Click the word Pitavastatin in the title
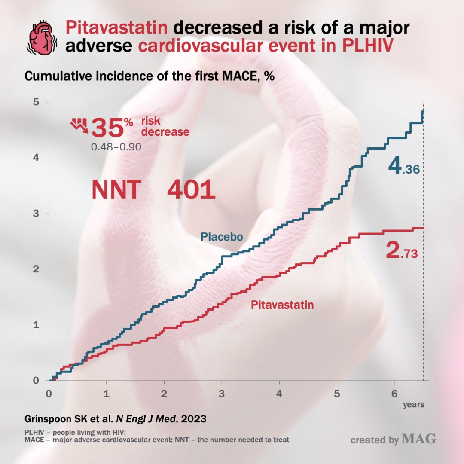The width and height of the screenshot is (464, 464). click(116, 29)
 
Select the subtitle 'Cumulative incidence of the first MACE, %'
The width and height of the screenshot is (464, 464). click(150, 76)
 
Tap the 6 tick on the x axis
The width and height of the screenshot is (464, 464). click(394, 393)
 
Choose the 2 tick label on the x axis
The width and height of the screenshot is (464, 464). click(164, 393)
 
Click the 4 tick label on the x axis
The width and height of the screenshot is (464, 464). click(279, 393)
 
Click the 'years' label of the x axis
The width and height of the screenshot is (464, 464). click(413, 404)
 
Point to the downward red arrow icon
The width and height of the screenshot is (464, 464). click(79, 125)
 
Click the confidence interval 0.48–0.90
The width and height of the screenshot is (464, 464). click(116, 147)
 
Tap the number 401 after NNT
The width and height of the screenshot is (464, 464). click(191, 189)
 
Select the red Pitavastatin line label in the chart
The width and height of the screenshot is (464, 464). click(282, 305)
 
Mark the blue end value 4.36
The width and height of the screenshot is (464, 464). click(403, 167)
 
